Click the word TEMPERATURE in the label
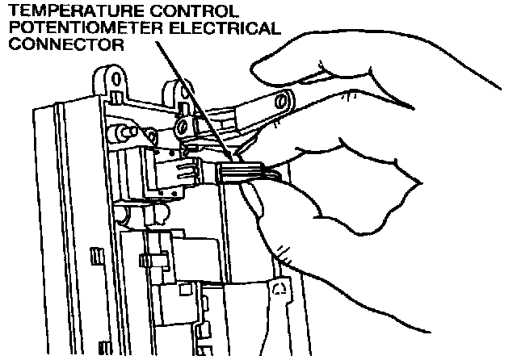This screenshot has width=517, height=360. (61, 11)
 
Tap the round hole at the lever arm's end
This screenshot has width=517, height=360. (284, 102)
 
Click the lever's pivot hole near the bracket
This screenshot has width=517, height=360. (183, 128)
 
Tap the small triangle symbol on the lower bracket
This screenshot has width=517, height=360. (280, 289)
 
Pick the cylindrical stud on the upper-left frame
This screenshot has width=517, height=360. (121, 129)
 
